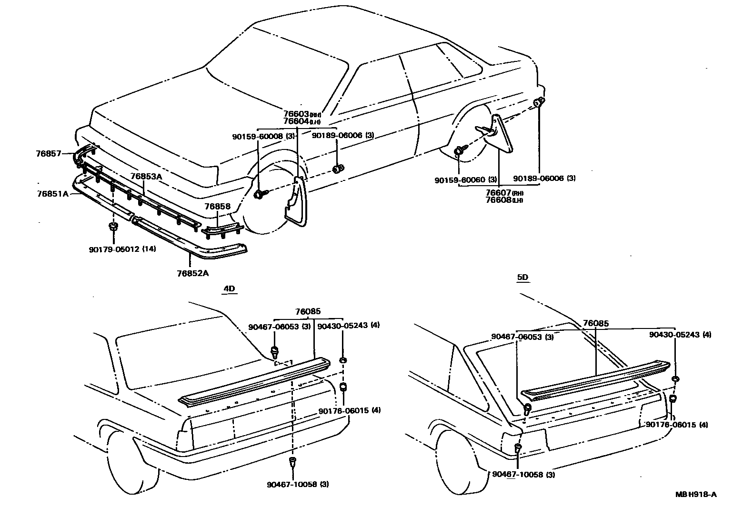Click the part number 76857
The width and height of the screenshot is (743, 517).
[48, 153]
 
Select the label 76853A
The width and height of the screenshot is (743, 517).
[146, 176]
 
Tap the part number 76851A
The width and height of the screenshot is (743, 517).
[52, 194]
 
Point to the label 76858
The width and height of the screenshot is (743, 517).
[217, 207]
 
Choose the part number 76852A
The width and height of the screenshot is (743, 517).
[192, 273]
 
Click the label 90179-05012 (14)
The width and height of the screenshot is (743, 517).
[122, 249]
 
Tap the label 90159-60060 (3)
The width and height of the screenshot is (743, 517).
[466, 180]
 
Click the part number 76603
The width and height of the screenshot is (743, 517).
[296, 114]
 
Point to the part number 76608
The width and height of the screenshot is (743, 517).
[498, 200]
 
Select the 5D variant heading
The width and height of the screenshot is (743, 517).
[522, 277]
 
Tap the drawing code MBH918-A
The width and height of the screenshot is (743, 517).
[696, 494]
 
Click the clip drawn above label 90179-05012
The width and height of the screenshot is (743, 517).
[113, 227]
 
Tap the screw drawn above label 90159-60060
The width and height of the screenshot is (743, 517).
[459, 151]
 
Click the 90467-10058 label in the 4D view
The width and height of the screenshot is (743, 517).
[298, 485]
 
